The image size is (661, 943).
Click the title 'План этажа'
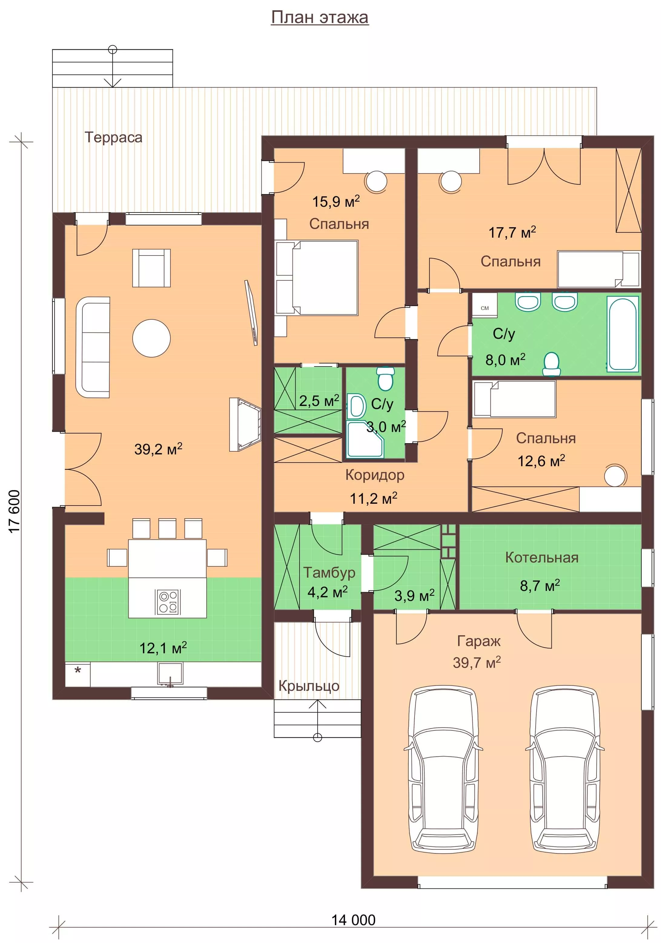(x=320, y=17)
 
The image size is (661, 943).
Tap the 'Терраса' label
(x=113, y=137)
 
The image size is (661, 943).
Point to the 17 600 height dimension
(x=14, y=511)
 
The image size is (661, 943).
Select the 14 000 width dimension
(x=353, y=920)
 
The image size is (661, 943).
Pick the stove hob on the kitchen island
(x=168, y=602)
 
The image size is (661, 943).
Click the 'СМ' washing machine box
(x=484, y=305)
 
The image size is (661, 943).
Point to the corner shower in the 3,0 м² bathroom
(x=365, y=439)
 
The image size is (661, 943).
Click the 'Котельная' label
(x=541, y=557)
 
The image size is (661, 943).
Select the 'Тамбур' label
(x=329, y=572)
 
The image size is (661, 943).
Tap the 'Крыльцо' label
(x=309, y=686)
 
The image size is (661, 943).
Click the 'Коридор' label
(x=375, y=475)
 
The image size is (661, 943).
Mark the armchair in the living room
(x=151, y=268)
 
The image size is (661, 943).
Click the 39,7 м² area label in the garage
(x=477, y=662)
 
